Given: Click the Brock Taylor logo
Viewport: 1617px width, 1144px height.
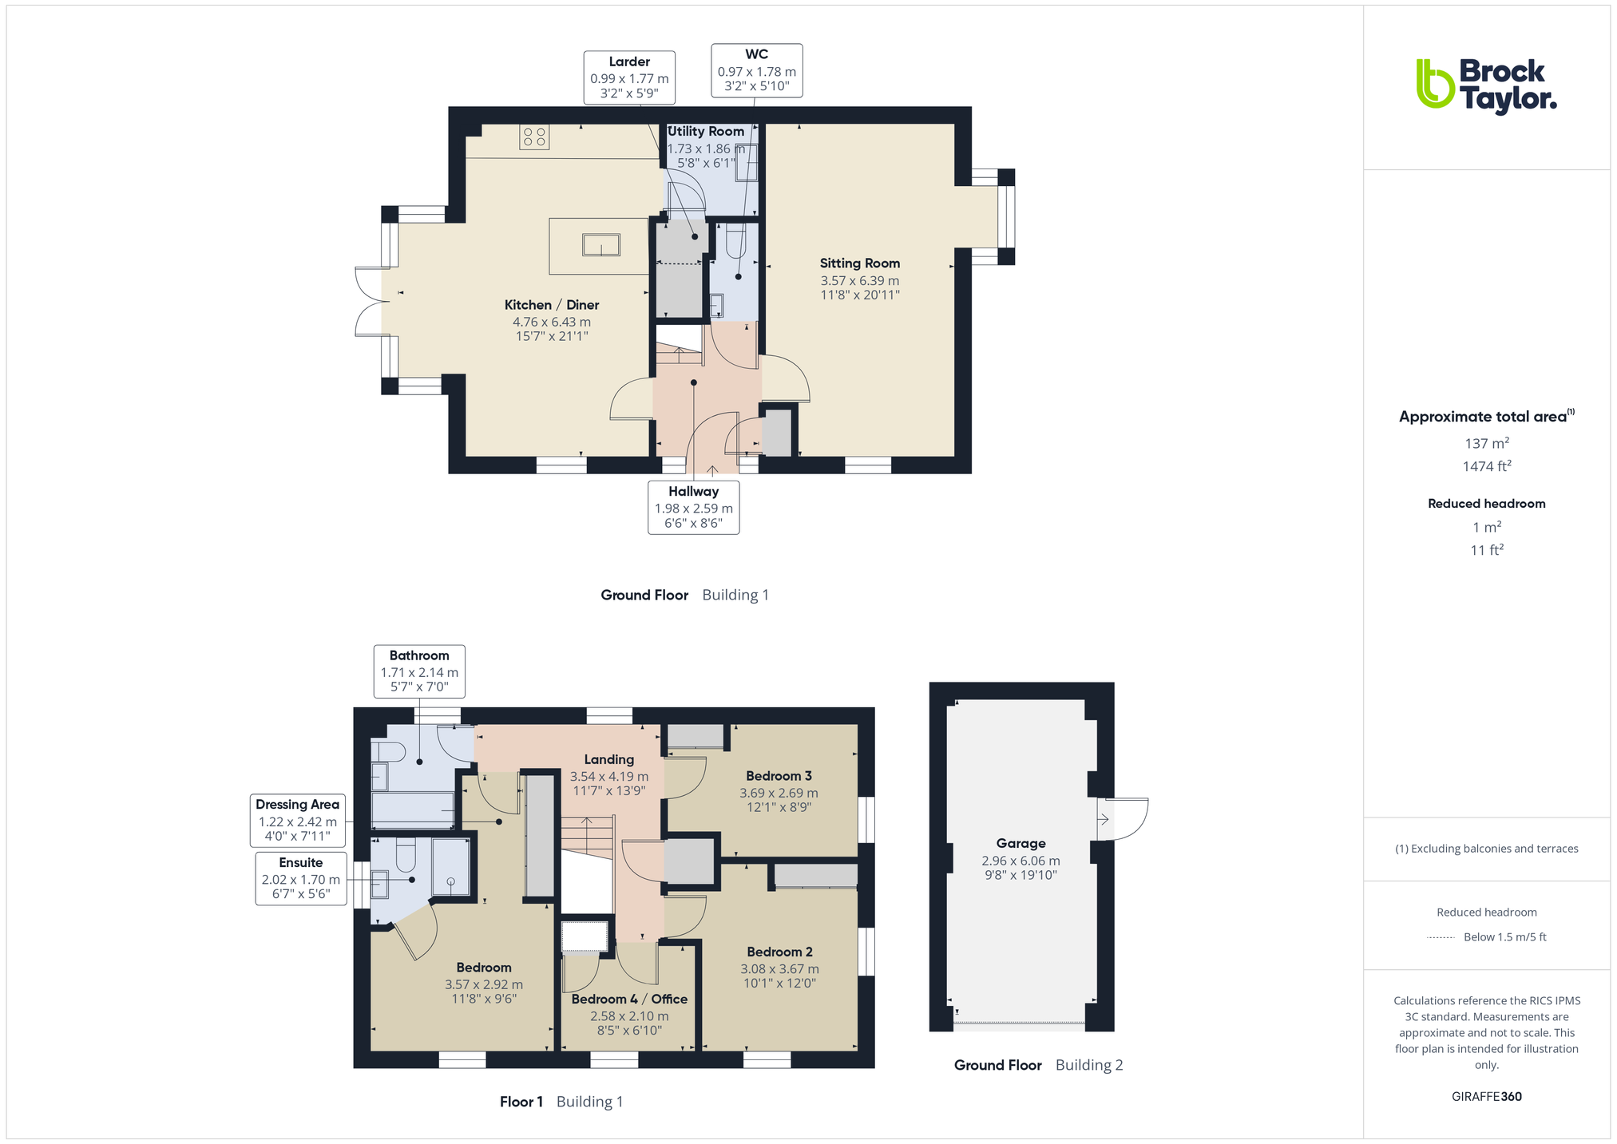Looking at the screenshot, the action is tap(1486, 87).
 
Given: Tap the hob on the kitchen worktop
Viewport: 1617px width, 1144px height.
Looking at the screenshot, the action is tap(534, 137).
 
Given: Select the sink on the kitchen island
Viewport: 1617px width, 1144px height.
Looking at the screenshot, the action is tap(601, 244).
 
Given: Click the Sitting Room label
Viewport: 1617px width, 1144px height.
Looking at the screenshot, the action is tap(860, 263).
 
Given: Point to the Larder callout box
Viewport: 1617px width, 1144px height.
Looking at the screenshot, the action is tap(629, 77).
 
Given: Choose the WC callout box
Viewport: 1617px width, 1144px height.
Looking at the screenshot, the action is tap(757, 70).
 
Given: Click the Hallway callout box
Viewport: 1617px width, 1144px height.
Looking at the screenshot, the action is tap(693, 507).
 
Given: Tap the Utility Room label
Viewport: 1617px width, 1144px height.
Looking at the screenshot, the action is tap(706, 132).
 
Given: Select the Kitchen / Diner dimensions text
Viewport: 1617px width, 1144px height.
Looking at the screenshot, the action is tap(552, 329).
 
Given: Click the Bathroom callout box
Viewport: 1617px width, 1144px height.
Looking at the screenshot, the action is tap(419, 671).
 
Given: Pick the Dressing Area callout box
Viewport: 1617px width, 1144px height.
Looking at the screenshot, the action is tap(297, 820).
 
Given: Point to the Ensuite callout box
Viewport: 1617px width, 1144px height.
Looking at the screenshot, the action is tap(301, 878).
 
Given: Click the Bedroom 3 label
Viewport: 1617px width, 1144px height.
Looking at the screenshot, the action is tap(779, 776).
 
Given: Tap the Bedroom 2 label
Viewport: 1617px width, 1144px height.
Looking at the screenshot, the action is tap(779, 952).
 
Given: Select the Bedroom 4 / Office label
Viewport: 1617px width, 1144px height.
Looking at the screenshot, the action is tap(629, 999).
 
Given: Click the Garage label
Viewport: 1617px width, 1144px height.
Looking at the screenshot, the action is tap(1021, 843).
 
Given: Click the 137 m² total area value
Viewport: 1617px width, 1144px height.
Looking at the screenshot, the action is tap(1486, 442).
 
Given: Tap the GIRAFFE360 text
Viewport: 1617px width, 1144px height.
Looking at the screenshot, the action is tap(1486, 1096).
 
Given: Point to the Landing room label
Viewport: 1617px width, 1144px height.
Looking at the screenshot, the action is tap(608, 760).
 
